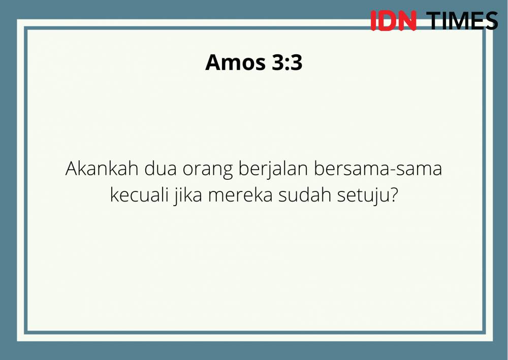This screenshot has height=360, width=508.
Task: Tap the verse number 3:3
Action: [287, 62]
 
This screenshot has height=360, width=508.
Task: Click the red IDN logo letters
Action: [393, 21]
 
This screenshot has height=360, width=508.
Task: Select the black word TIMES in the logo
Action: [462, 21]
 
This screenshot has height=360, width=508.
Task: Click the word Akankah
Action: [102, 169]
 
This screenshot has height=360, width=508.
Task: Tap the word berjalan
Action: [273, 170]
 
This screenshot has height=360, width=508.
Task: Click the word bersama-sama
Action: [378, 169]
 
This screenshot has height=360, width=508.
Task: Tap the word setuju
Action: [364, 196]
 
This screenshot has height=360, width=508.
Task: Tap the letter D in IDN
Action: [387, 21]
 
